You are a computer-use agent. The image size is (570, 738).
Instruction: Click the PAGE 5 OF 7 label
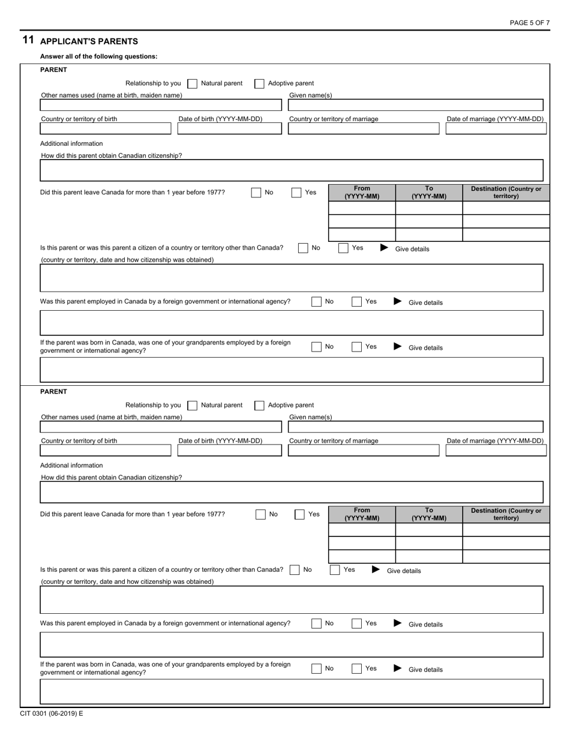coord(529,23)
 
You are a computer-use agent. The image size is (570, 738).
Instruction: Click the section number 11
coord(28,40)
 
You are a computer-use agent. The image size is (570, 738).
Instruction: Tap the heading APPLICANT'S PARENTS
coord(89,41)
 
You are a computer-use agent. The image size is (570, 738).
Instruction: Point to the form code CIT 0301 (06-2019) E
coord(51,713)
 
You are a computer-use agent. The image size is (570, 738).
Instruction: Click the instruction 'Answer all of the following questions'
coord(99,56)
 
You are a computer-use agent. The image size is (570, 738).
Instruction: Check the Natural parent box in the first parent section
coord(193,84)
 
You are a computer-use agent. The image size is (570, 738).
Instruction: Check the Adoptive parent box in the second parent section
coord(259,406)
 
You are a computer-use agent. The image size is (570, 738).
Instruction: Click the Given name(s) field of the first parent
coord(415,106)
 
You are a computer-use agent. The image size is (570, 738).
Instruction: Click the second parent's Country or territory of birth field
coord(105,451)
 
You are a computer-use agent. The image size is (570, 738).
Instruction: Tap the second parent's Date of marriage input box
coord(496,451)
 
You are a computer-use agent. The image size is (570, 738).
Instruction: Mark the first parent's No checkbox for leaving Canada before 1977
coord(256,193)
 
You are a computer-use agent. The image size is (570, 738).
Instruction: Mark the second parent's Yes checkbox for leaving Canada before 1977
coord(299,514)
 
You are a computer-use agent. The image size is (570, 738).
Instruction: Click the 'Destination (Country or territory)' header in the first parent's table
coord(506,193)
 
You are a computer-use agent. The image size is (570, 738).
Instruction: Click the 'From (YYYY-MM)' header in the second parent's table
coord(362,514)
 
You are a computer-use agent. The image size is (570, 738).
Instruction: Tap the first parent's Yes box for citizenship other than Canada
coord(343,248)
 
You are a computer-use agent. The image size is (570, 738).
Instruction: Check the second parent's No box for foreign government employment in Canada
coord(316,624)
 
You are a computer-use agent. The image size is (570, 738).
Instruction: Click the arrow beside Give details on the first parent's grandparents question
coord(397,347)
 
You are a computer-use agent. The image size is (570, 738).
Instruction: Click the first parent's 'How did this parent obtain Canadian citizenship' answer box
coord(291,170)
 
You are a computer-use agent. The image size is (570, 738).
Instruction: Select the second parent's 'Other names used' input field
coord(160,427)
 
